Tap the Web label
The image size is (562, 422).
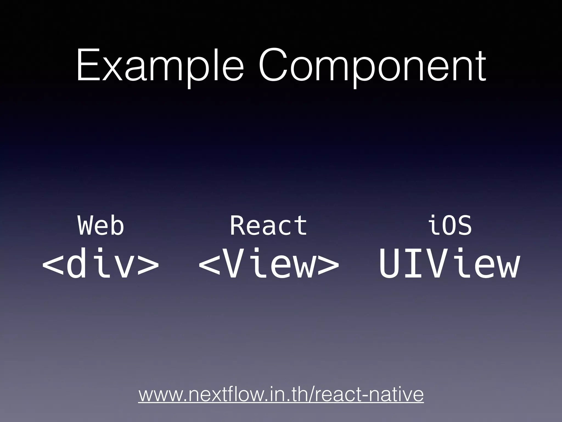pyautogui.click(x=101, y=226)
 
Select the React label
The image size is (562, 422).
pyautogui.click(x=268, y=226)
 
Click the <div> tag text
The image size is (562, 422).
pyautogui.click(x=100, y=264)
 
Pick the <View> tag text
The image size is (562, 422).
pyautogui.click(x=268, y=264)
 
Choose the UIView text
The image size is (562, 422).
pyautogui.click(x=449, y=264)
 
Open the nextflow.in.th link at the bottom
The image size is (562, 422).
pyautogui.click(x=281, y=395)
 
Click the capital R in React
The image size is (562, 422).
pyautogui.click(x=238, y=226)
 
